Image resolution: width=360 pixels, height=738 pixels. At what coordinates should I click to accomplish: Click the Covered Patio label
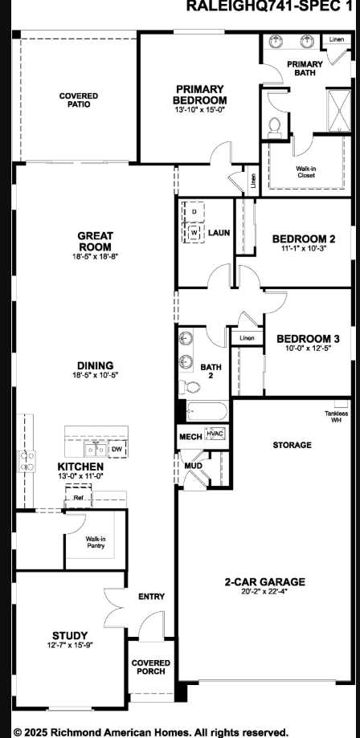click(x=79, y=100)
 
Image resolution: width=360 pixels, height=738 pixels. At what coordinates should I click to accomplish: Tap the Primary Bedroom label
click(x=200, y=94)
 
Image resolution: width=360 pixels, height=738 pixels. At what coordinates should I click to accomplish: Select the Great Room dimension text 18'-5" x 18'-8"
click(x=95, y=256)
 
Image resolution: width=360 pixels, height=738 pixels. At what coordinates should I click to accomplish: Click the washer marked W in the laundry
click(x=194, y=232)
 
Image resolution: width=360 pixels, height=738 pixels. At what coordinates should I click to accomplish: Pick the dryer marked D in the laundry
click(x=194, y=211)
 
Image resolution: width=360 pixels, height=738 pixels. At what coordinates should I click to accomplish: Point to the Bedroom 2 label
click(x=303, y=239)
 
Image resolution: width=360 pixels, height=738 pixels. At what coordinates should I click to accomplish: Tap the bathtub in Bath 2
click(x=203, y=412)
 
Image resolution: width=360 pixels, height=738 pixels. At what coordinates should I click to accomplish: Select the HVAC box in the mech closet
click(x=215, y=434)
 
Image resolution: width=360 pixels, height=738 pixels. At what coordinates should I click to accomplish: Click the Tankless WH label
click(x=335, y=416)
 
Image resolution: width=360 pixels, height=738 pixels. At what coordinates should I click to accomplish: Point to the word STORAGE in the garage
click(x=292, y=444)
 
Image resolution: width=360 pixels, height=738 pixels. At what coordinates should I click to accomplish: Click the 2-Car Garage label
click(x=264, y=581)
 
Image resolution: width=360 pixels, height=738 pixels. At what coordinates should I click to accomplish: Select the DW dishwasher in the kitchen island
click(x=116, y=450)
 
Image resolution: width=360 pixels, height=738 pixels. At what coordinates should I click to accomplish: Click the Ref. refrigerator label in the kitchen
click(x=78, y=498)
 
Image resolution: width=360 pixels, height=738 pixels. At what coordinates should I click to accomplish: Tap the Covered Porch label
click(x=151, y=667)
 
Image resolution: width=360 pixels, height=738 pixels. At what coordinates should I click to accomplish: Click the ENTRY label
click(x=151, y=596)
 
